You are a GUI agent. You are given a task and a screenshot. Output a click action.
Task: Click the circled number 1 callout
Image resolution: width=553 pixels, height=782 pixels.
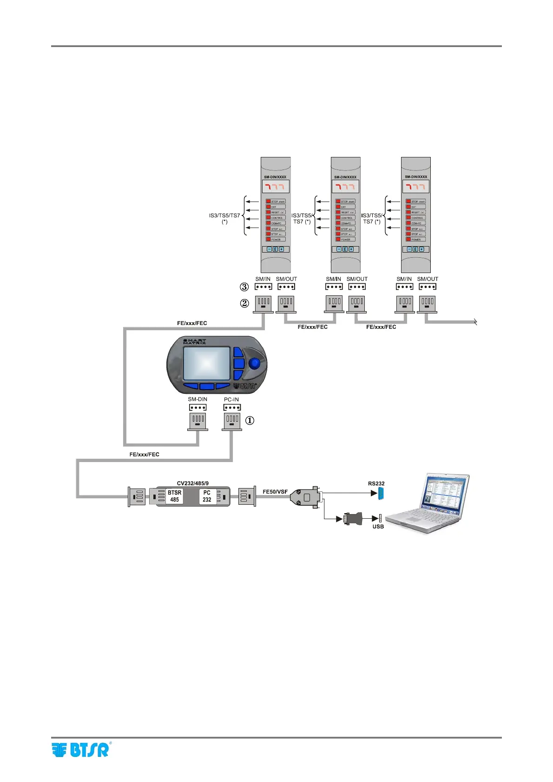click(x=250, y=420)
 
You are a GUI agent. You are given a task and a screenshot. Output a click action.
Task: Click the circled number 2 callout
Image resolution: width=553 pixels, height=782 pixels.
click(x=244, y=304)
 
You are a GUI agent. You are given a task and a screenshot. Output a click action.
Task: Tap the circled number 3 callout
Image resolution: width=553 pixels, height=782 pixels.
click(x=244, y=287)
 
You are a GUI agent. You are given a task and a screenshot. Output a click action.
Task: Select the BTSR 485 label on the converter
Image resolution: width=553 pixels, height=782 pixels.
click(x=175, y=496)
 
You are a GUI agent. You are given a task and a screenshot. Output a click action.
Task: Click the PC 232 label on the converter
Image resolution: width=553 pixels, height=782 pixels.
click(x=207, y=496)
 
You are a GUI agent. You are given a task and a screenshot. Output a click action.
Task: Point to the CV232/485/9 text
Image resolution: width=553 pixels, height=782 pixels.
click(x=193, y=483)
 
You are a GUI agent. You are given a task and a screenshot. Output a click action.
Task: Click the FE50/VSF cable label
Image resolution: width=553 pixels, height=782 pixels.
click(x=275, y=492)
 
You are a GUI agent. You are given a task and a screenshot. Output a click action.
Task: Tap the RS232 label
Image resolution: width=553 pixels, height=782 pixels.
click(x=376, y=483)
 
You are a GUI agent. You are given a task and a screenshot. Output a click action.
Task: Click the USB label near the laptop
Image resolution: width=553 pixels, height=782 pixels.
click(x=378, y=527)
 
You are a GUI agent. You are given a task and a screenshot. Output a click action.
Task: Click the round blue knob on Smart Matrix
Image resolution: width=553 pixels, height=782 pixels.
click(x=254, y=363)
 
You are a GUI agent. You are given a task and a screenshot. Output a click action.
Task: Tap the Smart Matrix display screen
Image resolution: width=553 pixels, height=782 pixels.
click(x=207, y=363)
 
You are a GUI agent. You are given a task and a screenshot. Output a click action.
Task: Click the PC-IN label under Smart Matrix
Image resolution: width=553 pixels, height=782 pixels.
click(x=231, y=399)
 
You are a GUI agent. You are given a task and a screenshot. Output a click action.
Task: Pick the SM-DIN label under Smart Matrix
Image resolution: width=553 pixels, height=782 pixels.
click(x=197, y=399)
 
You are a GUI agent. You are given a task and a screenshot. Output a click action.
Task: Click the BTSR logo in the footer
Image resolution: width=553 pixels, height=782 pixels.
click(x=81, y=750)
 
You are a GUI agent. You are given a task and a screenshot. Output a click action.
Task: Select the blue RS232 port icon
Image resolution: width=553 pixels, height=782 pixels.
click(x=381, y=493)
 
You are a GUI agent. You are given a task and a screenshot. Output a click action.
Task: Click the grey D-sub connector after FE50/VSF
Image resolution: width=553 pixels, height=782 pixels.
click(x=305, y=497)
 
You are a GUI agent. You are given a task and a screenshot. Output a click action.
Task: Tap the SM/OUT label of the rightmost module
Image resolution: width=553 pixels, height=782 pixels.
click(x=428, y=279)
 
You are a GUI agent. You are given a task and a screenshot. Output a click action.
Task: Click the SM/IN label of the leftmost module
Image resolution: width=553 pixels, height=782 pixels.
click(x=263, y=279)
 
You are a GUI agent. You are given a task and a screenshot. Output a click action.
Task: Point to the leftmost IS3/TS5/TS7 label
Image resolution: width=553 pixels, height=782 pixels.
click(x=224, y=218)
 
